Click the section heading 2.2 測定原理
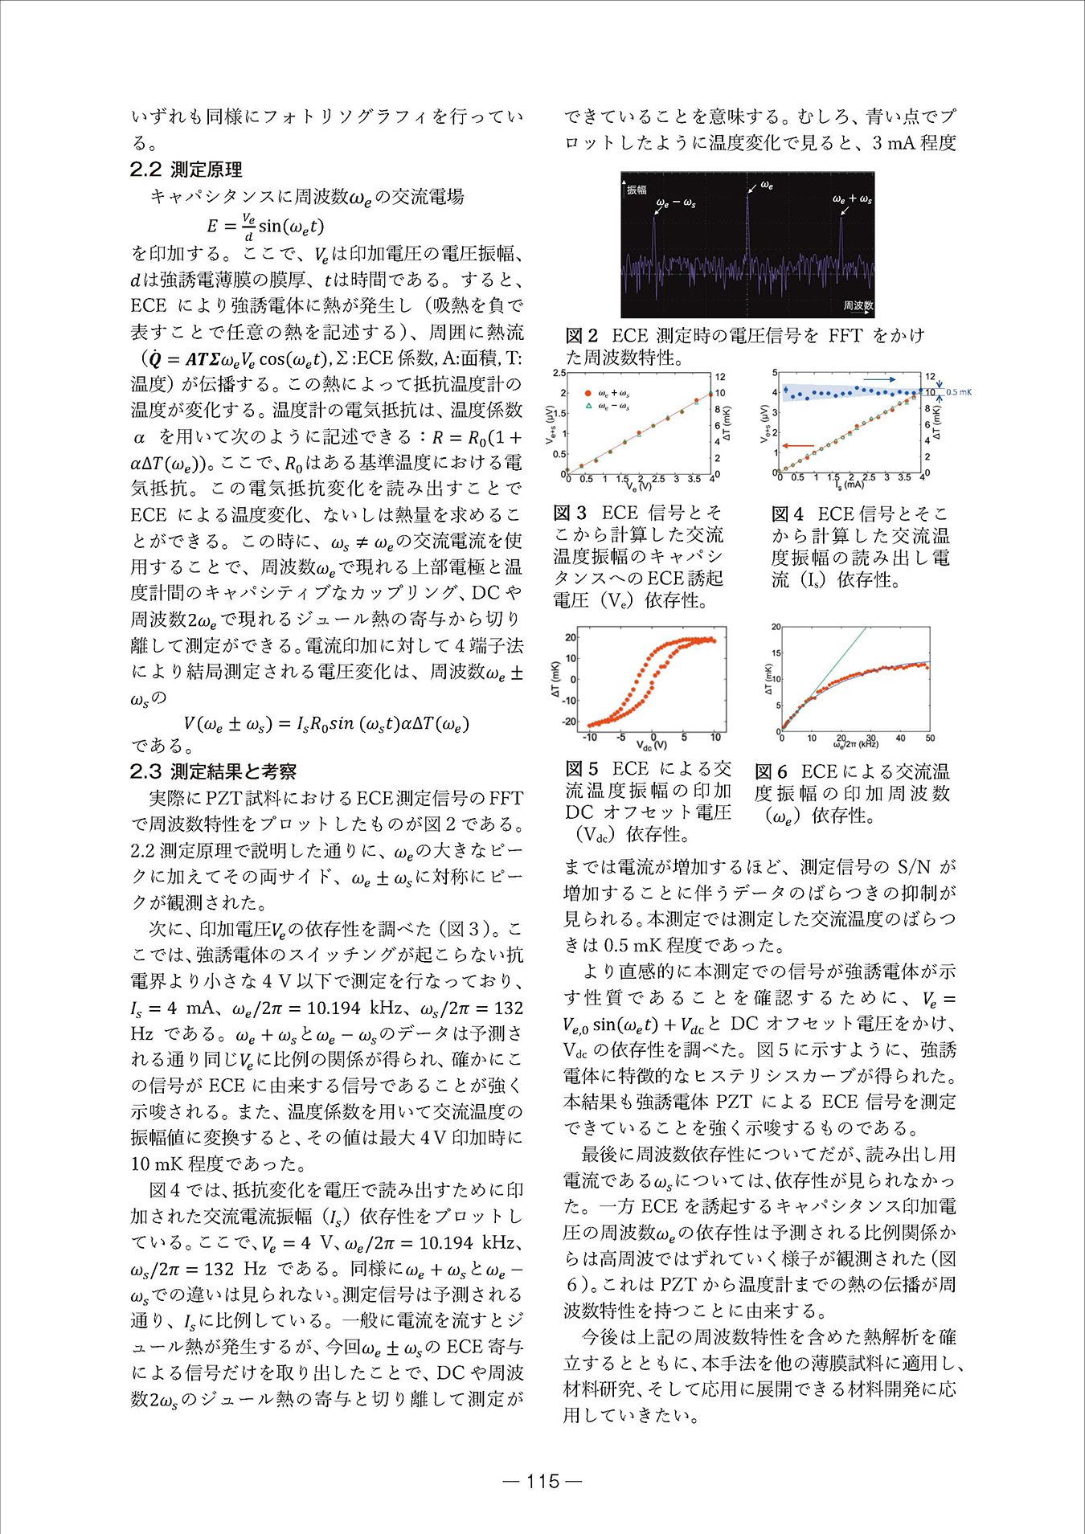186,170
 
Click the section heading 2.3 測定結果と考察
213,771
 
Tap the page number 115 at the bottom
542,1481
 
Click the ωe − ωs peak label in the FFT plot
675,203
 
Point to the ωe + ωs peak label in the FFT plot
852,198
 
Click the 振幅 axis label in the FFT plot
637,190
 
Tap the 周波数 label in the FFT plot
858,305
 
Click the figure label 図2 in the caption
582,336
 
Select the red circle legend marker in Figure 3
588,394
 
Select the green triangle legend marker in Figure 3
588,407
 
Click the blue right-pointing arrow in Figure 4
879,378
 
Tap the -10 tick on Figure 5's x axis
589,736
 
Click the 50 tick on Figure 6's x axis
930,737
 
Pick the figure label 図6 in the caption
771,772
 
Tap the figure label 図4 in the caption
787,513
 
